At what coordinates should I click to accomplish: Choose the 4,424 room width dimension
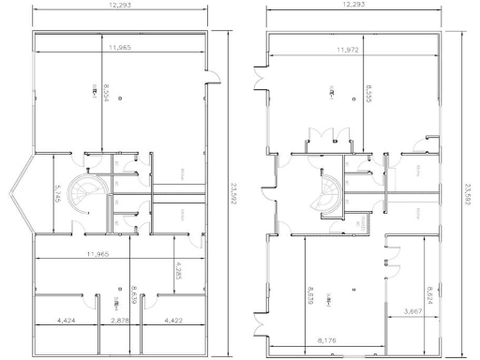click(x=67, y=321)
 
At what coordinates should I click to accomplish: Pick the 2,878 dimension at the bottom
click(x=119, y=321)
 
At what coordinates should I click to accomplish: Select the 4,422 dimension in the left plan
click(x=175, y=321)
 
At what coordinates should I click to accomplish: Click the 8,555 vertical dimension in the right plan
click(x=363, y=94)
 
